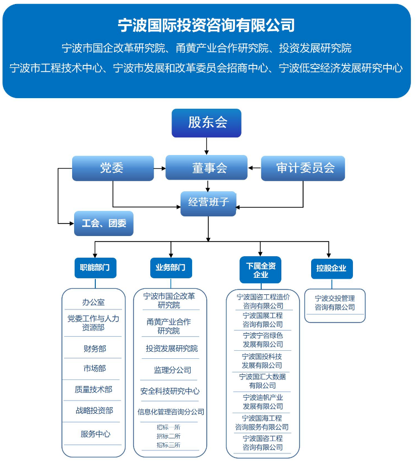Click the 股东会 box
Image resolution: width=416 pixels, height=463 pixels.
coord(206,123)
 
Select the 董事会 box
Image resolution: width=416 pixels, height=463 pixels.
coord(206,168)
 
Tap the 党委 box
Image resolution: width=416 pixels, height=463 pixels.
coord(112,168)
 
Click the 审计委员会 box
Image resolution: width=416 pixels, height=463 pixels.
coord(303,168)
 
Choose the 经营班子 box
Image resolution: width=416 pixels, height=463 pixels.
coord(208,203)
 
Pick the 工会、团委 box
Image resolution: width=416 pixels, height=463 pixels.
coord(104,223)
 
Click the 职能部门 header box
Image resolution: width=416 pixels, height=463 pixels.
coord(95,267)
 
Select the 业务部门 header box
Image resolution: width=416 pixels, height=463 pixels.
coord(171,267)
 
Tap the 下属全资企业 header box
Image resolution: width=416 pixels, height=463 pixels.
coord(261,270)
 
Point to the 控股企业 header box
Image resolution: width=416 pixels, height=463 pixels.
coord(331,268)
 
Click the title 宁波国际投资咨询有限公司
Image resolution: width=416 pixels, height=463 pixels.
coord(206,25)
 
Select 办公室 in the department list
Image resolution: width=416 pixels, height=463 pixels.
coord(94,302)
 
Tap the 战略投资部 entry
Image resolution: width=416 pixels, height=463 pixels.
coord(94,410)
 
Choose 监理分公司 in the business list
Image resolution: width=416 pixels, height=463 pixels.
coord(172,370)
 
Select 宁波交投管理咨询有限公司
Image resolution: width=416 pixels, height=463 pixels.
coord(335,303)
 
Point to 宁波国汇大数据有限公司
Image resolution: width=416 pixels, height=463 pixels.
coord(262,381)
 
